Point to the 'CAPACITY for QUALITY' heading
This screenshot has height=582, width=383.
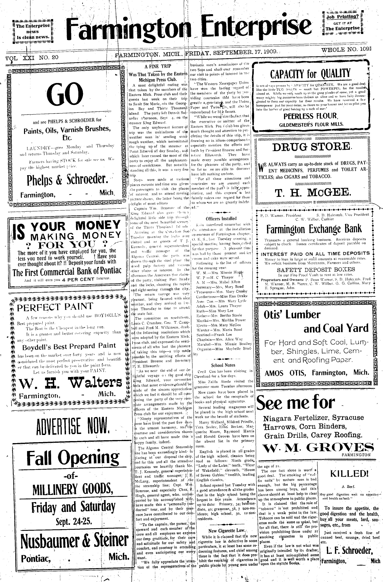click(x=310, y=74)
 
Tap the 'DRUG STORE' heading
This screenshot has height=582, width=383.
click(x=311, y=147)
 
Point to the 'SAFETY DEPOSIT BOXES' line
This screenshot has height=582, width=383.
click(x=311, y=270)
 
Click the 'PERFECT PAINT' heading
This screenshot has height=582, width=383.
click(x=55, y=307)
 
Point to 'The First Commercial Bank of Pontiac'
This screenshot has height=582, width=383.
click(x=67, y=272)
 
